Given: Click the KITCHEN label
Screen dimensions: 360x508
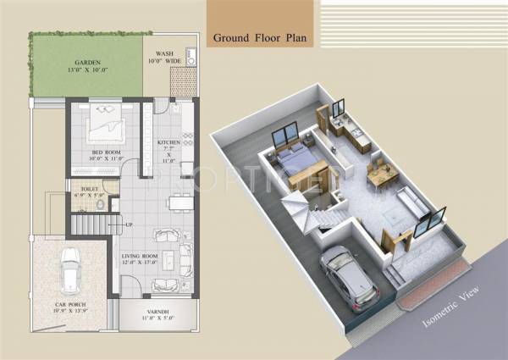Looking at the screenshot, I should [169, 141].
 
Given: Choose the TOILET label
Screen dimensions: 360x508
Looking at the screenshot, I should [91, 191].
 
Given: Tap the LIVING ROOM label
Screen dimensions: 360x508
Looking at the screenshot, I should [140, 255].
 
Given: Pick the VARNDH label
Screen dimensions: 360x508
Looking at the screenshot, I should [156, 313].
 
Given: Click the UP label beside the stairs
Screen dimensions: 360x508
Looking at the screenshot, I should [128, 224].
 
